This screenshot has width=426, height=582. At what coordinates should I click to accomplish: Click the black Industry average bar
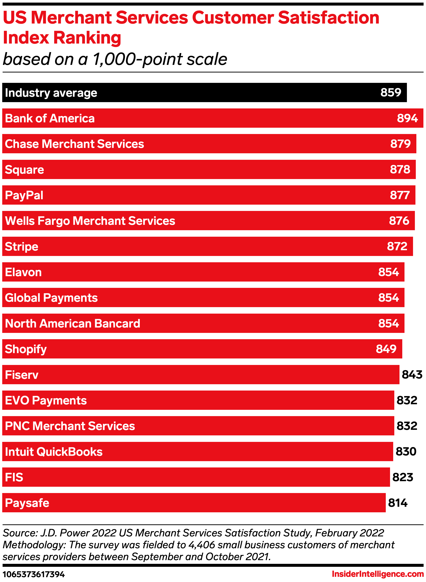[x=204, y=92]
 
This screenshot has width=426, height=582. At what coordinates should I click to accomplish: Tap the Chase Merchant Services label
[x=74, y=144]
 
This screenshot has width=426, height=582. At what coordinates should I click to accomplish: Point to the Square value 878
[x=400, y=169]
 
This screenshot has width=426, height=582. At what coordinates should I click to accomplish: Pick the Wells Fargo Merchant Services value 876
[x=399, y=221]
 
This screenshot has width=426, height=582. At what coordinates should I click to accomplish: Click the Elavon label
[x=23, y=272]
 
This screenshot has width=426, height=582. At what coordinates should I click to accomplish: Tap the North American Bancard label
[x=72, y=323]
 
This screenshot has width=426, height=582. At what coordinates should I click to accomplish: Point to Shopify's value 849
[x=386, y=349]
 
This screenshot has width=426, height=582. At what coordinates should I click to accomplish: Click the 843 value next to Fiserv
[x=412, y=375]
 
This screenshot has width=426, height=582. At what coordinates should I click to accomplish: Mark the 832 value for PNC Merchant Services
[x=407, y=426]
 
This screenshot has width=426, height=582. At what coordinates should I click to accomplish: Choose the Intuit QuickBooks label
[x=54, y=452]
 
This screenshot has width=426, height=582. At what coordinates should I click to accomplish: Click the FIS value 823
[x=403, y=477]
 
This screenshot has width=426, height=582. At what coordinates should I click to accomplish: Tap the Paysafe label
[x=27, y=503]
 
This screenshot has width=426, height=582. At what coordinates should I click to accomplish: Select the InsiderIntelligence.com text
[x=378, y=574]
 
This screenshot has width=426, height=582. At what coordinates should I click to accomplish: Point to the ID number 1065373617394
[x=34, y=574]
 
